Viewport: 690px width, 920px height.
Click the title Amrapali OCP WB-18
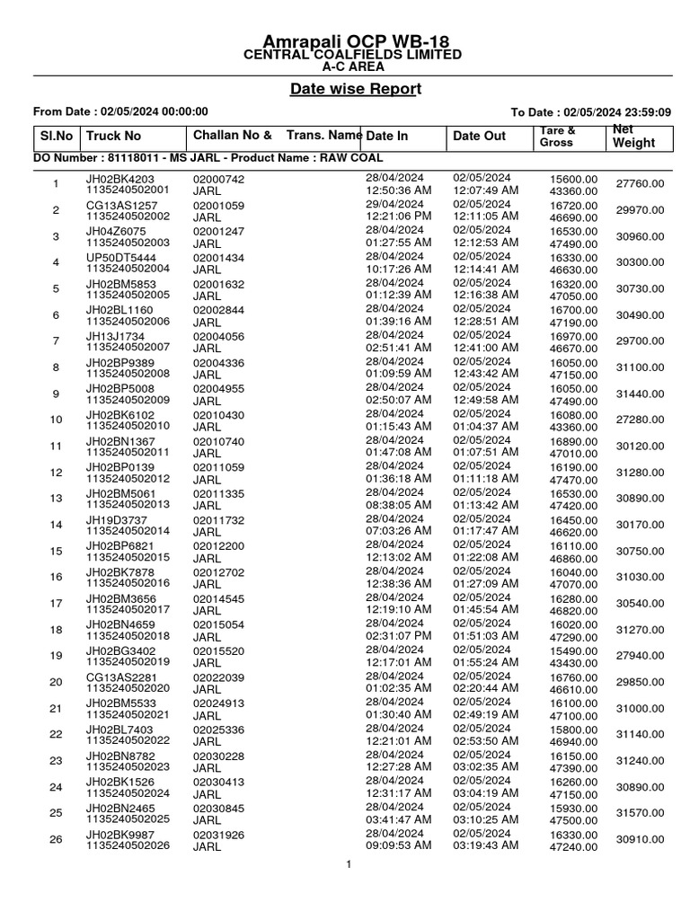355,42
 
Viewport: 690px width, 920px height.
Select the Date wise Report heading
355,89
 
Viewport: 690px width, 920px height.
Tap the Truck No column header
114,136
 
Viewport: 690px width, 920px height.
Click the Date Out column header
480,136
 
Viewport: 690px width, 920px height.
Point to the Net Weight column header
633,136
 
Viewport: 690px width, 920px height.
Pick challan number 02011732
218,519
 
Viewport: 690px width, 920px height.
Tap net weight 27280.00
641,420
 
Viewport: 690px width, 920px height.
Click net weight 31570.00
641,813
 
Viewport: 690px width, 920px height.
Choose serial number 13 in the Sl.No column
56,499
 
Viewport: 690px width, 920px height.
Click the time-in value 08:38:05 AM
399,505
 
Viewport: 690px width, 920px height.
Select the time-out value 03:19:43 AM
486,845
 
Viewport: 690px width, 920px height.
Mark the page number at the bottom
347,864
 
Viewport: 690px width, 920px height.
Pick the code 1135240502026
128,845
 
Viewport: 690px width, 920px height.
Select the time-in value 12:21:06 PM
399,217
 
